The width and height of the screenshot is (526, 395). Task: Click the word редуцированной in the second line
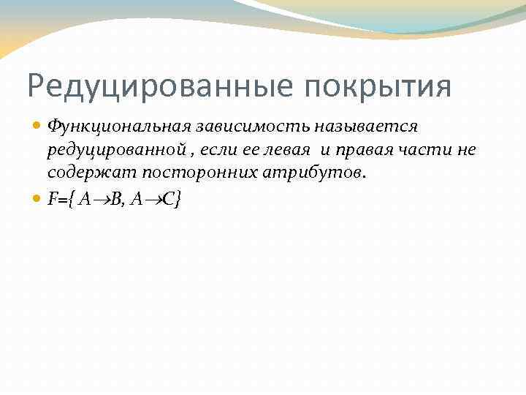pyautogui.click(x=114, y=150)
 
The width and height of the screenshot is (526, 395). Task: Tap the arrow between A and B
pyautogui.click(x=102, y=199)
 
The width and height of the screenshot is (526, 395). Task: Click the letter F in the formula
pyautogui.click(x=52, y=198)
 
